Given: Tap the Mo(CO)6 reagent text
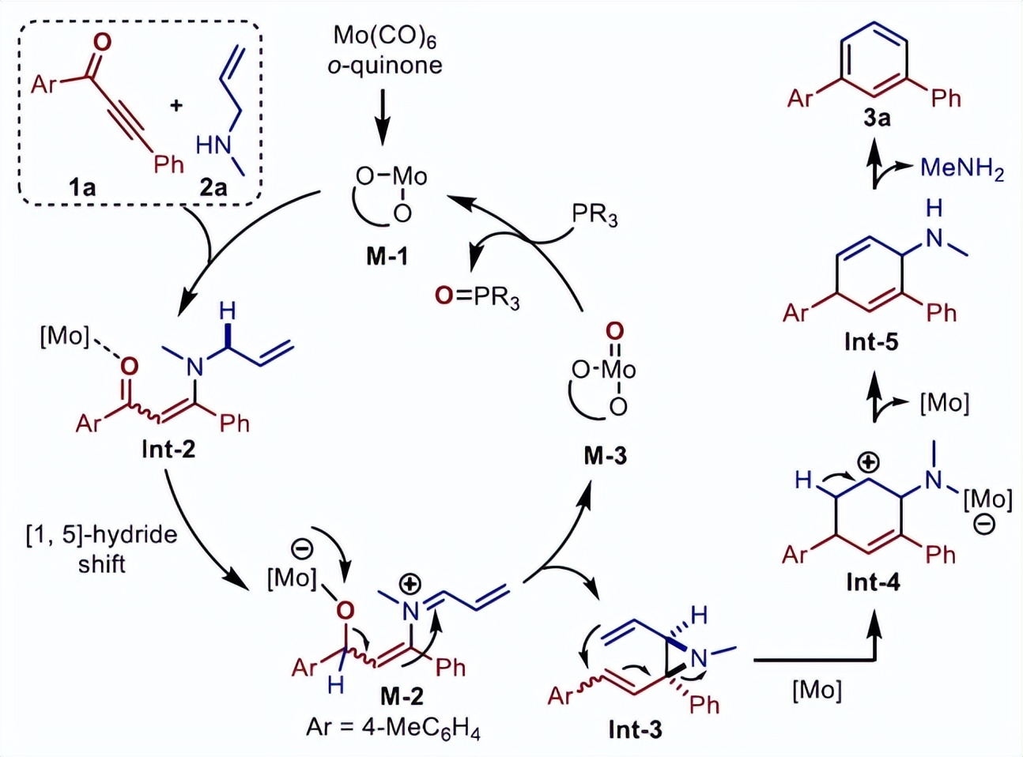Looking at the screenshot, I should tap(385, 36).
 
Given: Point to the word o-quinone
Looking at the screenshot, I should tap(385, 65).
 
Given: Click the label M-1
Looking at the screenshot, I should tap(387, 255).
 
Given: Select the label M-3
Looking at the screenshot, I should tap(606, 455).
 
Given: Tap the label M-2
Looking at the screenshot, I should tap(402, 695).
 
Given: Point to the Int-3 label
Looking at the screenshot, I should tap(635, 729).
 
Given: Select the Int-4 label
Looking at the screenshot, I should tap(873, 582).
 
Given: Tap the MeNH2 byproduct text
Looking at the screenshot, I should tap(961, 168).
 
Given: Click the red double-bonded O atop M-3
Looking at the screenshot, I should tap(614, 330).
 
